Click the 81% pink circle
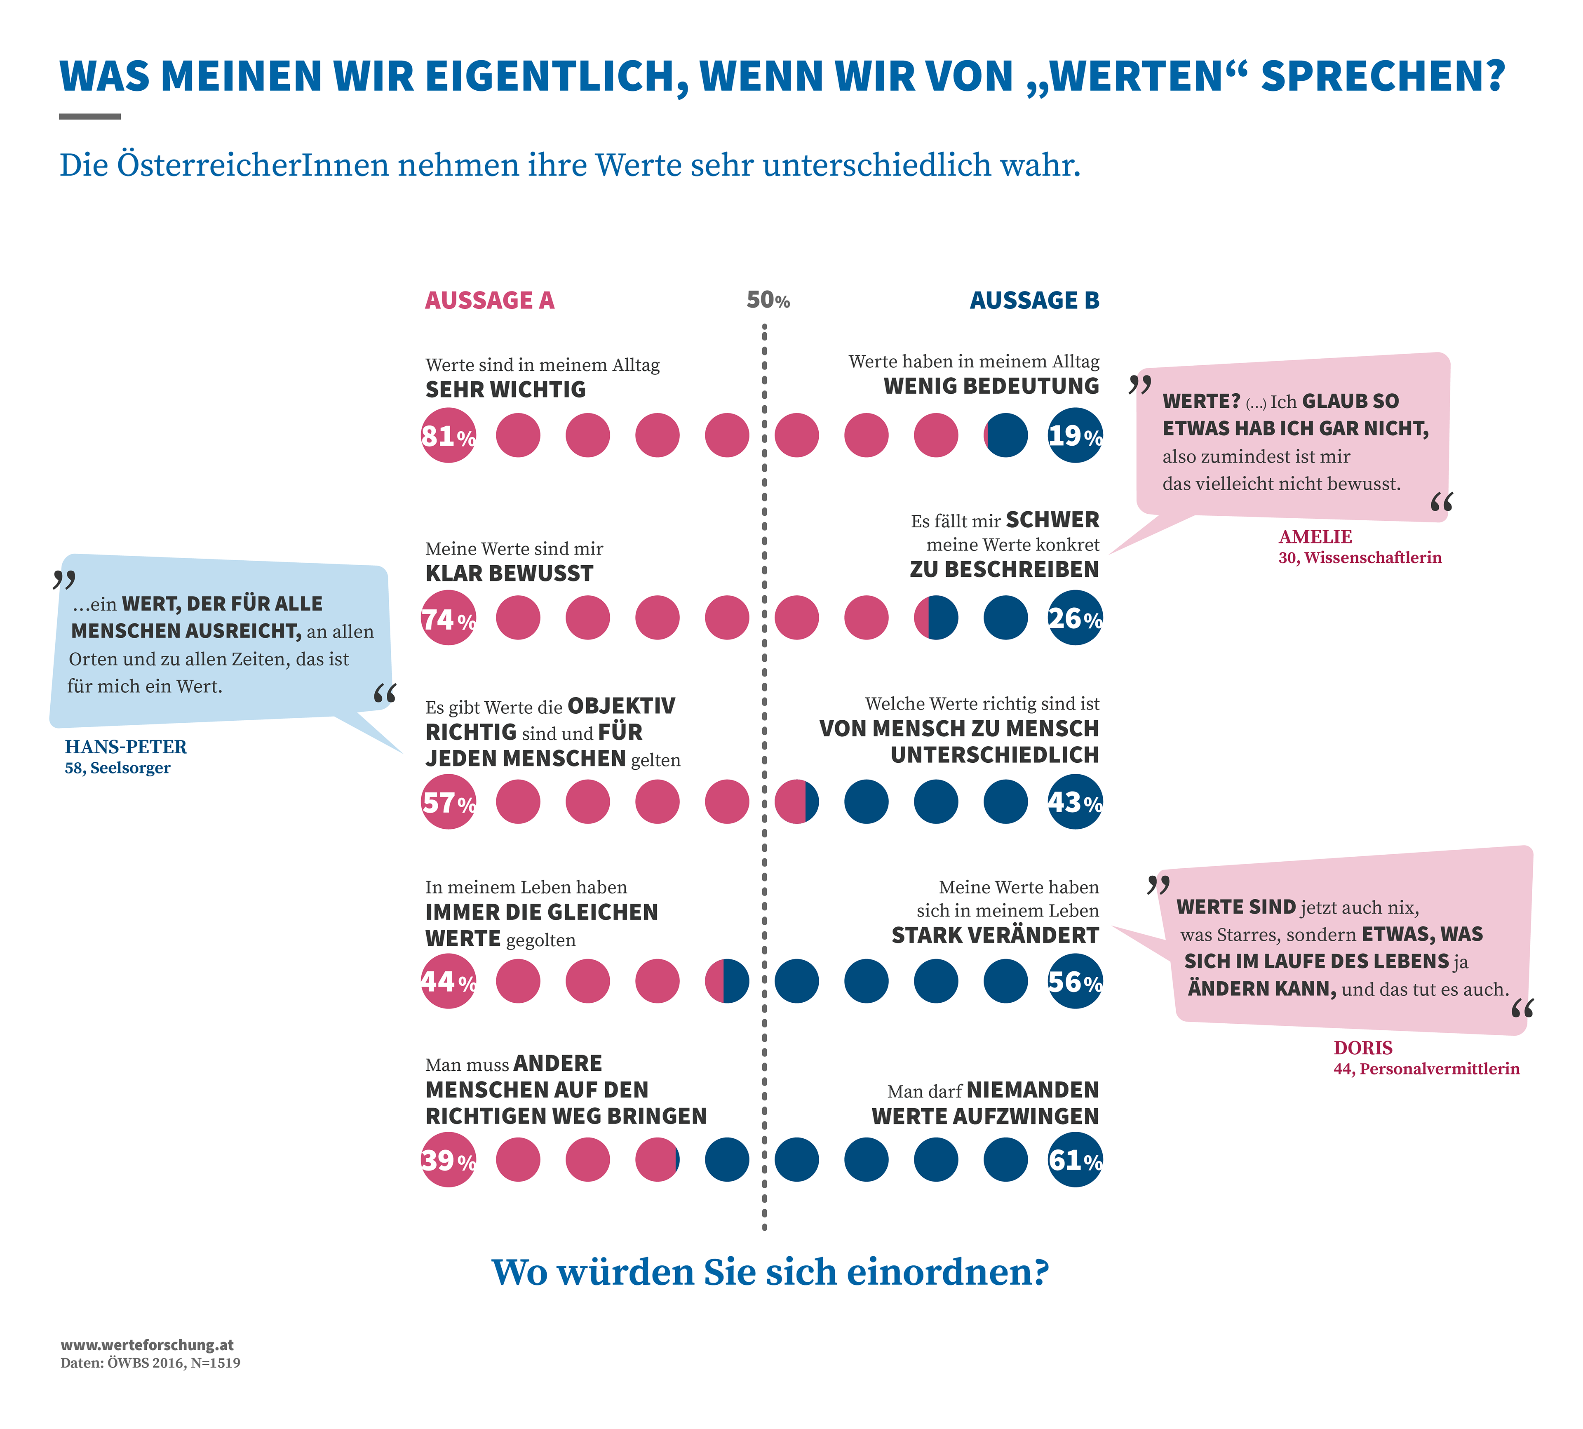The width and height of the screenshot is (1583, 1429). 449,435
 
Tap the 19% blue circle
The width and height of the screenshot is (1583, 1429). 1075,435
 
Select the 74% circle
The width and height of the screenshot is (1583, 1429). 449,618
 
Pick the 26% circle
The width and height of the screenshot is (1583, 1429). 1075,618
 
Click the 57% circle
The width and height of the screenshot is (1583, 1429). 449,801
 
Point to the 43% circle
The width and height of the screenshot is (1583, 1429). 1075,801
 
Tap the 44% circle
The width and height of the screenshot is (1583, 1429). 449,981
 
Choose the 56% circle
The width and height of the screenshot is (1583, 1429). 1075,981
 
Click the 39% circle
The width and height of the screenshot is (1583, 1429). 449,1160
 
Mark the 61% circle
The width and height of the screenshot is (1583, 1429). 1075,1160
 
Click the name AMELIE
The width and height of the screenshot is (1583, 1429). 1315,537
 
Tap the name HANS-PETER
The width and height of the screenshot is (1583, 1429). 126,747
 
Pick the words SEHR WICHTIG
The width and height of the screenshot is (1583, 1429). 506,390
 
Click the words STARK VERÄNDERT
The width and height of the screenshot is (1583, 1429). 995,935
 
